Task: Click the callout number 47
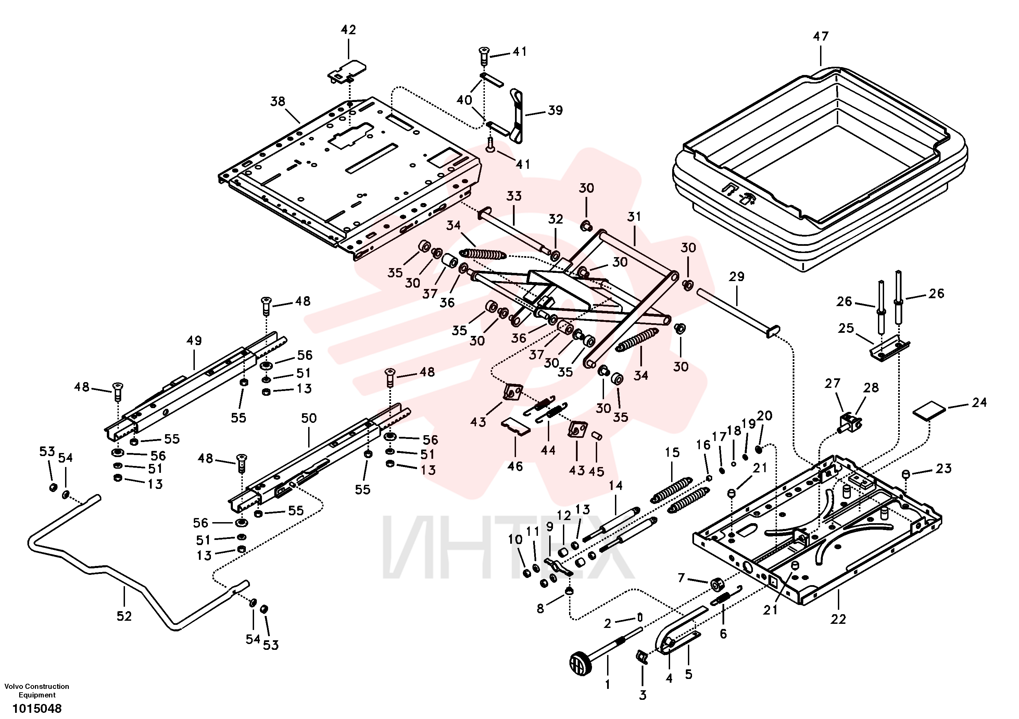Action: (x=820, y=36)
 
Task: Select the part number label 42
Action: (x=348, y=30)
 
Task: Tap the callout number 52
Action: (x=124, y=616)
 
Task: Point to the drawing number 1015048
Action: (x=37, y=708)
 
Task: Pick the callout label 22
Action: (x=838, y=619)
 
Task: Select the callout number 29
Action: (x=737, y=277)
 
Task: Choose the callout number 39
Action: (x=555, y=111)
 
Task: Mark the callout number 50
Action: (x=309, y=418)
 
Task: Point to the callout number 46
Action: (x=515, y=466)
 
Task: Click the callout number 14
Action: (x=616, y=485)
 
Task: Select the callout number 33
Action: (x=514, y=196)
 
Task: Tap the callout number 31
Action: (x=634, y=217)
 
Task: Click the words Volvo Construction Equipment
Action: (x=37, y=691)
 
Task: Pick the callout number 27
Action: (x=833, y=383)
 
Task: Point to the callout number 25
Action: (x=846, y=328)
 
